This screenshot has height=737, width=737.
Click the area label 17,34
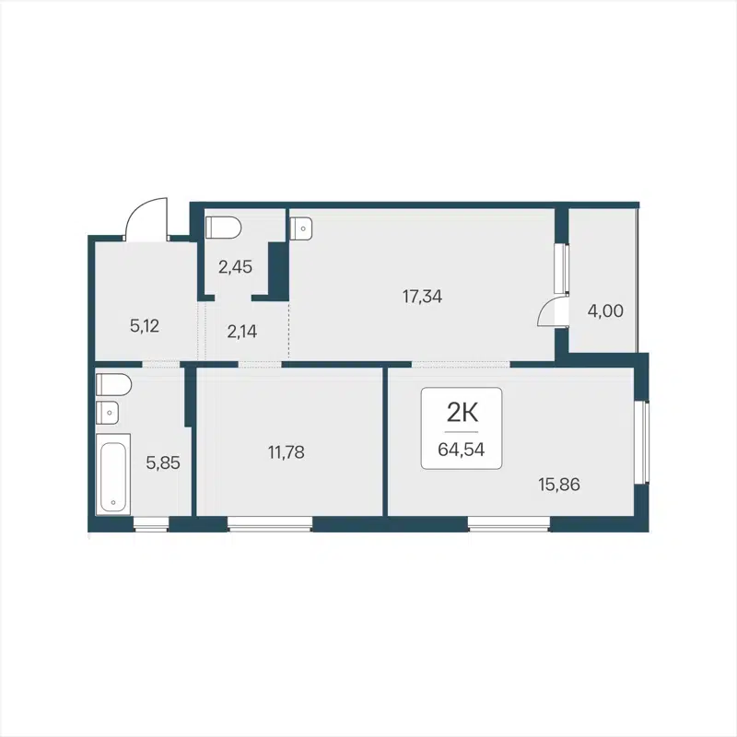pyautogui.click(x=423, y=297)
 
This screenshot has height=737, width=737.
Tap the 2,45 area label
pyautogui.click(x=235, y=268)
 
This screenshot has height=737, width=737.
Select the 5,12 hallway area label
pyautogui.click(x=146, y=324)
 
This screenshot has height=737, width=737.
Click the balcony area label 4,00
pyautogui.click(x=605, y=311)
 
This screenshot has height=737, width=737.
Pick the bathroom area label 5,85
pyautogui.click(x=163, y=462)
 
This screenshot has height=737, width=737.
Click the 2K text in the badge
pyautogui.click(x=462, y=411)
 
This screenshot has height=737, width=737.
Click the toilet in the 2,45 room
pyautogui.click(x=222, y=227)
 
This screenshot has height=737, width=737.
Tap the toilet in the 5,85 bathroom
pyautogui.click(x=113, y=383)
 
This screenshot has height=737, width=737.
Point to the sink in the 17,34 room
pyautogui.click(x=301, y=228)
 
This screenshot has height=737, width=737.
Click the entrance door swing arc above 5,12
pyautogui.click(x=145, y=218)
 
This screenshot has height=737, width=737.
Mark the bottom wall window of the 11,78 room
pyautogui.click(x=270, y=524)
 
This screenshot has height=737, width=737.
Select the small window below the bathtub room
pyautogui.click(x=151, y=524)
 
